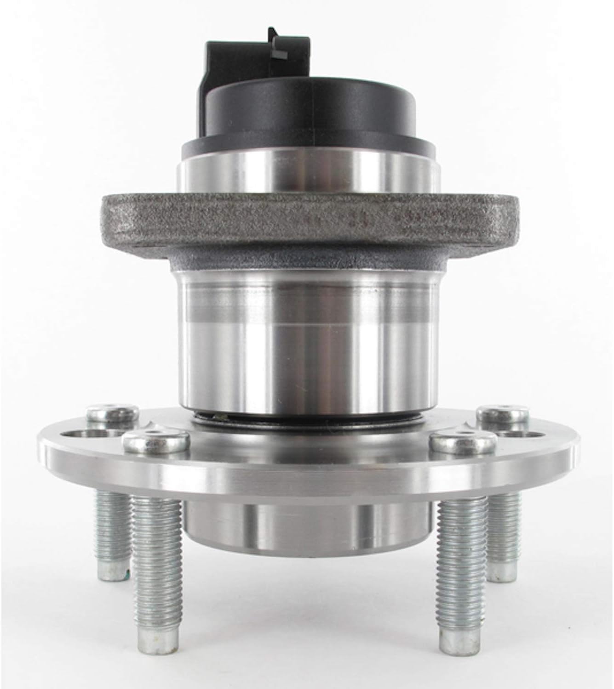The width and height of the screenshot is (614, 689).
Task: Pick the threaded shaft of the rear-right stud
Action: click(x=504, y=519)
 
